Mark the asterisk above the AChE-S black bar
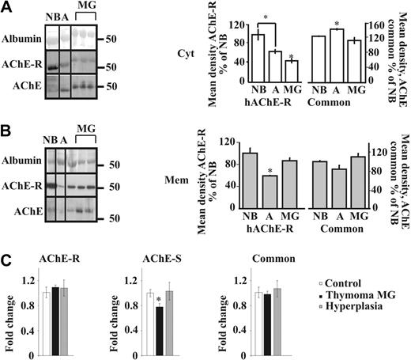click(x=182, y=300)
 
